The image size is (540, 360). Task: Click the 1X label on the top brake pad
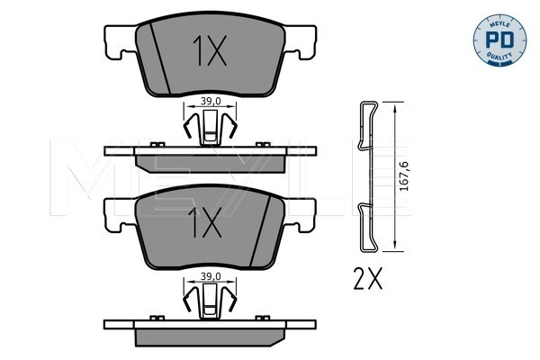pyautogui.click(x=210, y=50)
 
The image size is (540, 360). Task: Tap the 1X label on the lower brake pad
pyautogui.click(x=205, y=222)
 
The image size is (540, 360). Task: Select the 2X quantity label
pyautogui.click(x=368, y=278)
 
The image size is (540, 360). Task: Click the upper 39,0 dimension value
pyautogui.click(x=211, y=101)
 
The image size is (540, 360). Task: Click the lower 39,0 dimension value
pyautogui.click(x=211, y=276)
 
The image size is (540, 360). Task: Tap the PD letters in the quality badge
pyautogui.click(x=499, y=40)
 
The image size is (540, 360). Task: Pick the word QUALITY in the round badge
pyautogui.click(x=499, y=56)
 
